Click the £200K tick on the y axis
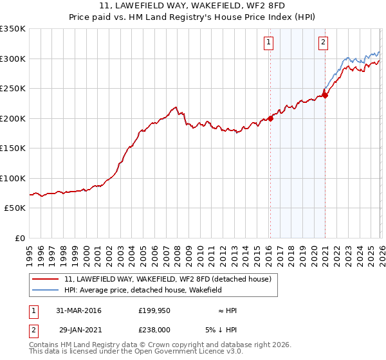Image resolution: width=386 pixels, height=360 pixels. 13,118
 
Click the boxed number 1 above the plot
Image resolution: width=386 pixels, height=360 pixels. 268,43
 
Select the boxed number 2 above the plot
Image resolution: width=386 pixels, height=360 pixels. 323,43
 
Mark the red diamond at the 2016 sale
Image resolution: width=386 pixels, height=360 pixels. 271,118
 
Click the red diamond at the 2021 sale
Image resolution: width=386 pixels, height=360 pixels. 326,95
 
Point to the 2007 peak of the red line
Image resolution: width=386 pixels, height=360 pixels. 175,107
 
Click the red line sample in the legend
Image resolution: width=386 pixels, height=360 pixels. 46,279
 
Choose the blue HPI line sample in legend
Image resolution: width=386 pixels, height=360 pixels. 46,291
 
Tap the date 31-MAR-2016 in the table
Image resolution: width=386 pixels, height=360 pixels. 78,310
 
